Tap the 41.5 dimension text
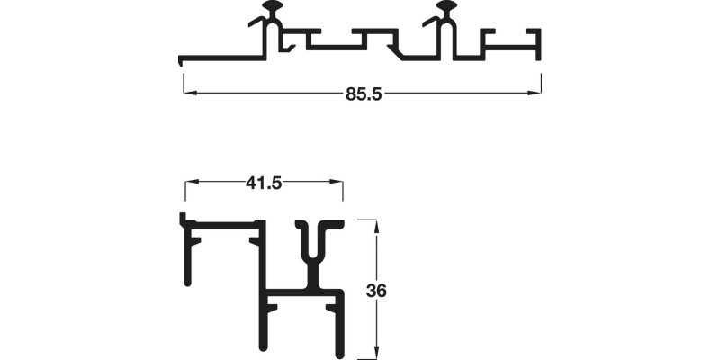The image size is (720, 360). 264,184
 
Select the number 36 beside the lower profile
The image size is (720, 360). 376,291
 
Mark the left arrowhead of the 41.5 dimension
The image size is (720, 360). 191,184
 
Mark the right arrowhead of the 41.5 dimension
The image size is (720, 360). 337,184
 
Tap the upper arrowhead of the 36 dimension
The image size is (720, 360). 376,223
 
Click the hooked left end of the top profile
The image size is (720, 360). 182,61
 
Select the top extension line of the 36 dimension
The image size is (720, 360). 367,219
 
